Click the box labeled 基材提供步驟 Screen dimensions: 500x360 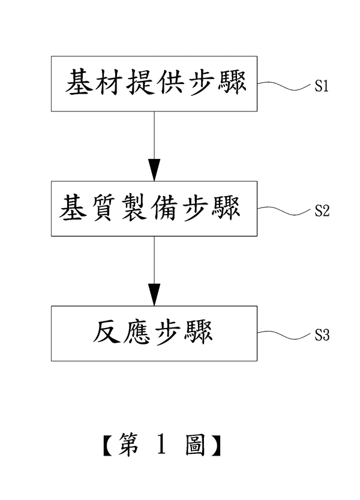154,83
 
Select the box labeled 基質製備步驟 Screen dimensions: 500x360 154,208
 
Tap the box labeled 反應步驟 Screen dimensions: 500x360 154,333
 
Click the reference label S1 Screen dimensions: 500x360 321,87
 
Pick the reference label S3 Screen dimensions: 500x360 322,336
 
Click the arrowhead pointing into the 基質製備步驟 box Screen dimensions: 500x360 154,170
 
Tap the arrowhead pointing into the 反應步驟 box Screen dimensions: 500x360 154,295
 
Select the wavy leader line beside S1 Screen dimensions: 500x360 284,86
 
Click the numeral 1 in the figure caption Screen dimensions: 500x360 160,445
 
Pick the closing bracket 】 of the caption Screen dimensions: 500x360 215,446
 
